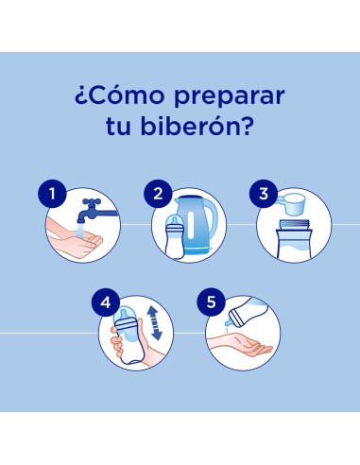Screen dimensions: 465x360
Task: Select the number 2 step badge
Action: (158, 196)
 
